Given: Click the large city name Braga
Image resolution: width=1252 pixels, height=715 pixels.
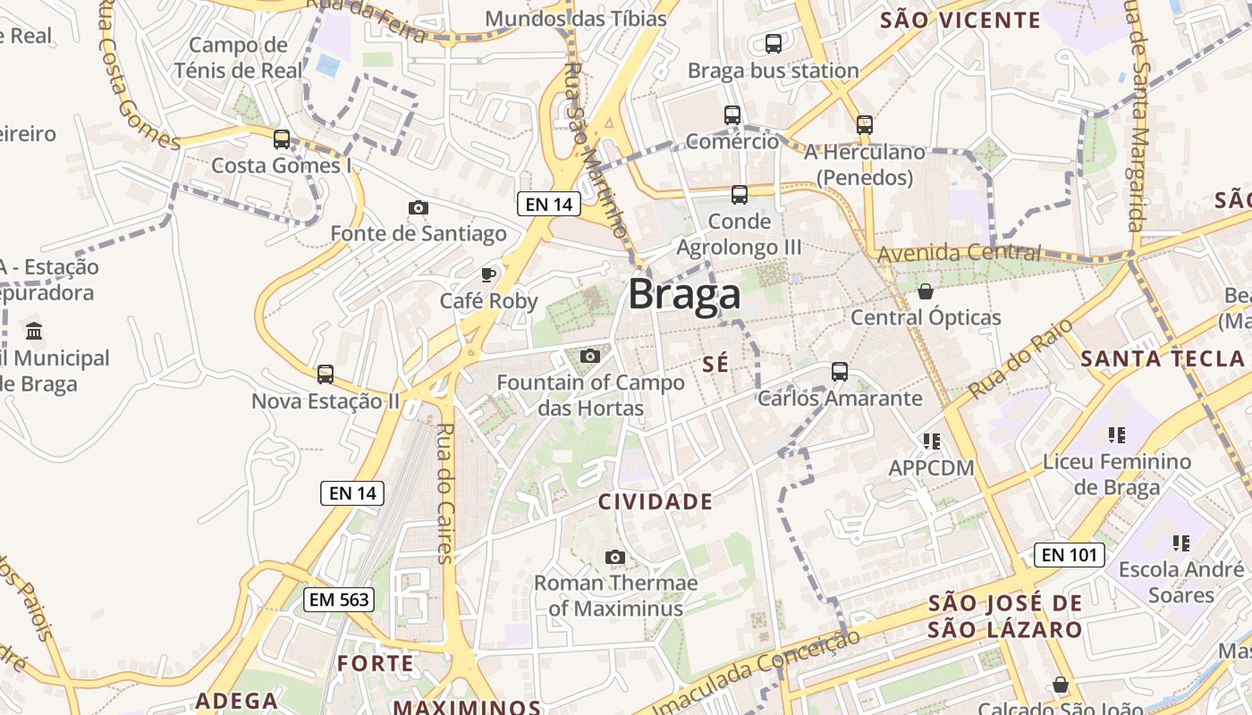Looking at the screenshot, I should point(684,294).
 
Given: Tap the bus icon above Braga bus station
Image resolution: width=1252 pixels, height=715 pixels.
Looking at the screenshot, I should point(774,43).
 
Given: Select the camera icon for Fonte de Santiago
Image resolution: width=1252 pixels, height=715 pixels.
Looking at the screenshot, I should point(418,207).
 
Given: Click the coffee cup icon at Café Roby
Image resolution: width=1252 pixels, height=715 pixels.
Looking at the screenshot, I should point(488,273).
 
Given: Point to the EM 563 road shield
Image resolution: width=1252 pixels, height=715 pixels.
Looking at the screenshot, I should point(339,600).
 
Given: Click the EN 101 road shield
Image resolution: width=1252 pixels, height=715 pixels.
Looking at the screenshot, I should point(1069,555).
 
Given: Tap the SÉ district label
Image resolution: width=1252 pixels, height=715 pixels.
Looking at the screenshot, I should point(716,364).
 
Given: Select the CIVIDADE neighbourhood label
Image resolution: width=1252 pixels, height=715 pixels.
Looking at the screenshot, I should point(656,501).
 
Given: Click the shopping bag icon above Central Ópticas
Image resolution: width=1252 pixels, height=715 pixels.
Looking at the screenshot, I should point(926,291).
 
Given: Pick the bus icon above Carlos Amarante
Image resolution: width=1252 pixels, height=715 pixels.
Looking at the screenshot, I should point(839,371).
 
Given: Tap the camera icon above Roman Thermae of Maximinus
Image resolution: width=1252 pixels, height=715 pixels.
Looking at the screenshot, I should point(614,557).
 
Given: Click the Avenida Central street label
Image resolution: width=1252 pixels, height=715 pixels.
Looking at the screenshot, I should point(959,254).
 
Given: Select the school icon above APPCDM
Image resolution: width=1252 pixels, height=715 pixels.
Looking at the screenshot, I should point(932,441).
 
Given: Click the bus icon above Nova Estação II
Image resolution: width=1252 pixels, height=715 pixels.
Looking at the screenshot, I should point(326,374).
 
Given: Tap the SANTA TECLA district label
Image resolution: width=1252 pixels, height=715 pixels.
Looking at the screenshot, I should point(1162,359).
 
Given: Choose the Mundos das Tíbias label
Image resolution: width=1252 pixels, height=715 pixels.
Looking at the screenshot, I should point(576,19).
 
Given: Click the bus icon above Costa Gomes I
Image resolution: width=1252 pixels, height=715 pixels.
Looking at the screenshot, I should point(282,139).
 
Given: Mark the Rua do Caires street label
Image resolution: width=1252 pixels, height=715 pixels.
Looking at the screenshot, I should point(444,492).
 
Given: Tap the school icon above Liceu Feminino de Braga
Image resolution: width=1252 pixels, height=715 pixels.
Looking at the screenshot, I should point(1117,435).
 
